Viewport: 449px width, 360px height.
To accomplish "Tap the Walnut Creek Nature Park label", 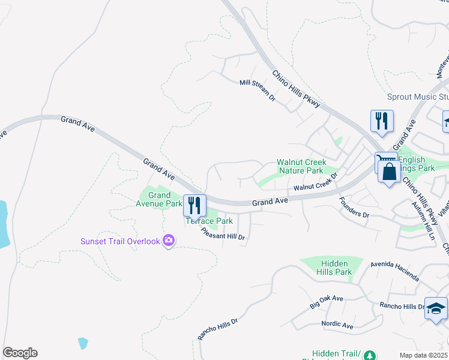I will coord(301,166).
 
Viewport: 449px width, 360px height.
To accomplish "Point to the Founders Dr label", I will coord(354,207).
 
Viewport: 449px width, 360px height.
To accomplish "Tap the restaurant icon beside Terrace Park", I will coord(194,206).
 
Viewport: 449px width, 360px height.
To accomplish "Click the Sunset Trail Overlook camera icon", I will coord(169,241).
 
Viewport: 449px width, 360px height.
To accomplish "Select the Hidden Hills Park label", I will coord(335,268).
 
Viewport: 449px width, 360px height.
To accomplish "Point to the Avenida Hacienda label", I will coord(394,271).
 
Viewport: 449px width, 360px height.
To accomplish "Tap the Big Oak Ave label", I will coord(326,301).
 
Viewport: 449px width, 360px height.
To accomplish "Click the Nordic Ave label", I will coord(337,325).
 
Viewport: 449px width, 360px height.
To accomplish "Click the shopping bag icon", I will coord(390,171).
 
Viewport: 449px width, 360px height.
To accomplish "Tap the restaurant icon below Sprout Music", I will coord(382,121).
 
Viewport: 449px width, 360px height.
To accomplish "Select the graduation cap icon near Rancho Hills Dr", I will coord(436,308).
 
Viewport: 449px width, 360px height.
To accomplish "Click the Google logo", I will coord(20,353).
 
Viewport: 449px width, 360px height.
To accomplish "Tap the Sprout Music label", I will coord(418,97).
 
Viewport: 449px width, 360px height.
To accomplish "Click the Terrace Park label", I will coord(209,221).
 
